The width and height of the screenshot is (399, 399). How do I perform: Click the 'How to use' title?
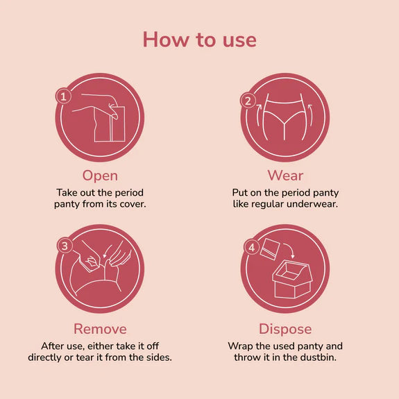click(x=199, y=40)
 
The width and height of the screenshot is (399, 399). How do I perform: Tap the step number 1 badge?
click(x=64, y=97)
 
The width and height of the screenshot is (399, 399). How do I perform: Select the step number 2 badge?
click(x=248, y=101)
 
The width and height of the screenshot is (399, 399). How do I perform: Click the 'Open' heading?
click(x=100, y=175)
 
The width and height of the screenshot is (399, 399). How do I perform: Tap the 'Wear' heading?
click(x=285, y=175)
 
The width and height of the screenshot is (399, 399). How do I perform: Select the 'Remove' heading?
click(x=100, y=328)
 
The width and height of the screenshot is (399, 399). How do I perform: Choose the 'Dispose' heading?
click(x=285, y=328)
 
